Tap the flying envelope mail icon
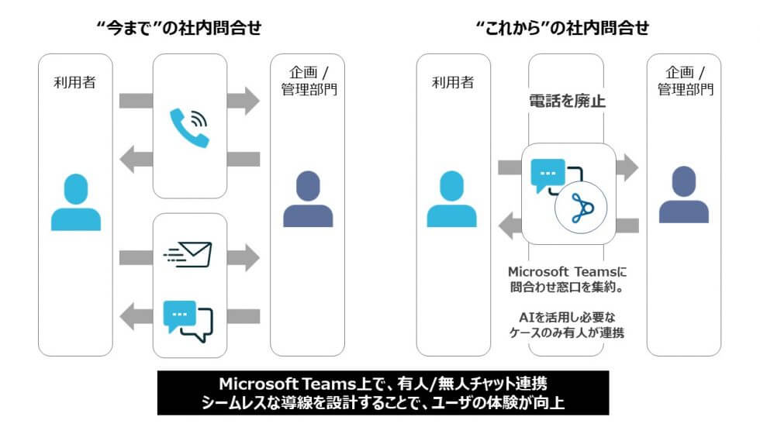188,254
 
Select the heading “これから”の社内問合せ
562,29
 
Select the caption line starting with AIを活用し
567,318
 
